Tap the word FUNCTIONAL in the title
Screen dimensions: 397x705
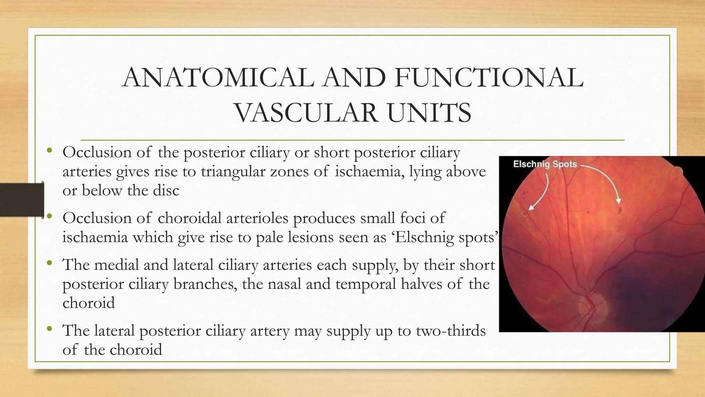coord(489,78)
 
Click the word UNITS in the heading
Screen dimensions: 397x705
coord(429,113)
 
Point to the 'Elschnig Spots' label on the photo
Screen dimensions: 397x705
coord(545,164)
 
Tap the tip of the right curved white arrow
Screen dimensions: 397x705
coord(619,204)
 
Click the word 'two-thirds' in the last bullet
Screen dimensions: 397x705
coord(451,330)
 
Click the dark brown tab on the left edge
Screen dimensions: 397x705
coord(22,200)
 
